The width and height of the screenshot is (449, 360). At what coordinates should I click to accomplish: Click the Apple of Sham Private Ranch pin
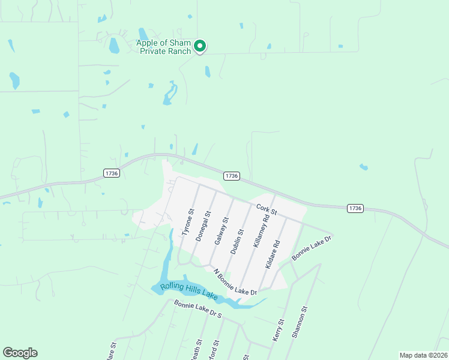click(x=200, y=46)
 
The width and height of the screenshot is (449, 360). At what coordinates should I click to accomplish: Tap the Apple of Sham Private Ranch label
click(x=163, y=47)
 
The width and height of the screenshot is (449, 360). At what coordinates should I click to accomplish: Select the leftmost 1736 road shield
click(x=112, y=173)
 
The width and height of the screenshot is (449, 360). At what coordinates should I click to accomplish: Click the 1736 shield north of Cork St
click(x=232, y=176)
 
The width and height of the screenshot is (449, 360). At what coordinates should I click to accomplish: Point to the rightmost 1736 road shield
click(x=355, y=208)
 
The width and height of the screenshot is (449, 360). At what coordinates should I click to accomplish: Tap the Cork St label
click(x=266, y=210)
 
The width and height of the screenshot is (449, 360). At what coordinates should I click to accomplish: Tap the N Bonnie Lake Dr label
click(x=235, y=281)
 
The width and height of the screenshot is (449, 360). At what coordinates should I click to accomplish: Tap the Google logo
click(x=20, y=353)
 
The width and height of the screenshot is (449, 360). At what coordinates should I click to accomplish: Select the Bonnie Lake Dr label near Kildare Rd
click(x=312, y=248)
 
